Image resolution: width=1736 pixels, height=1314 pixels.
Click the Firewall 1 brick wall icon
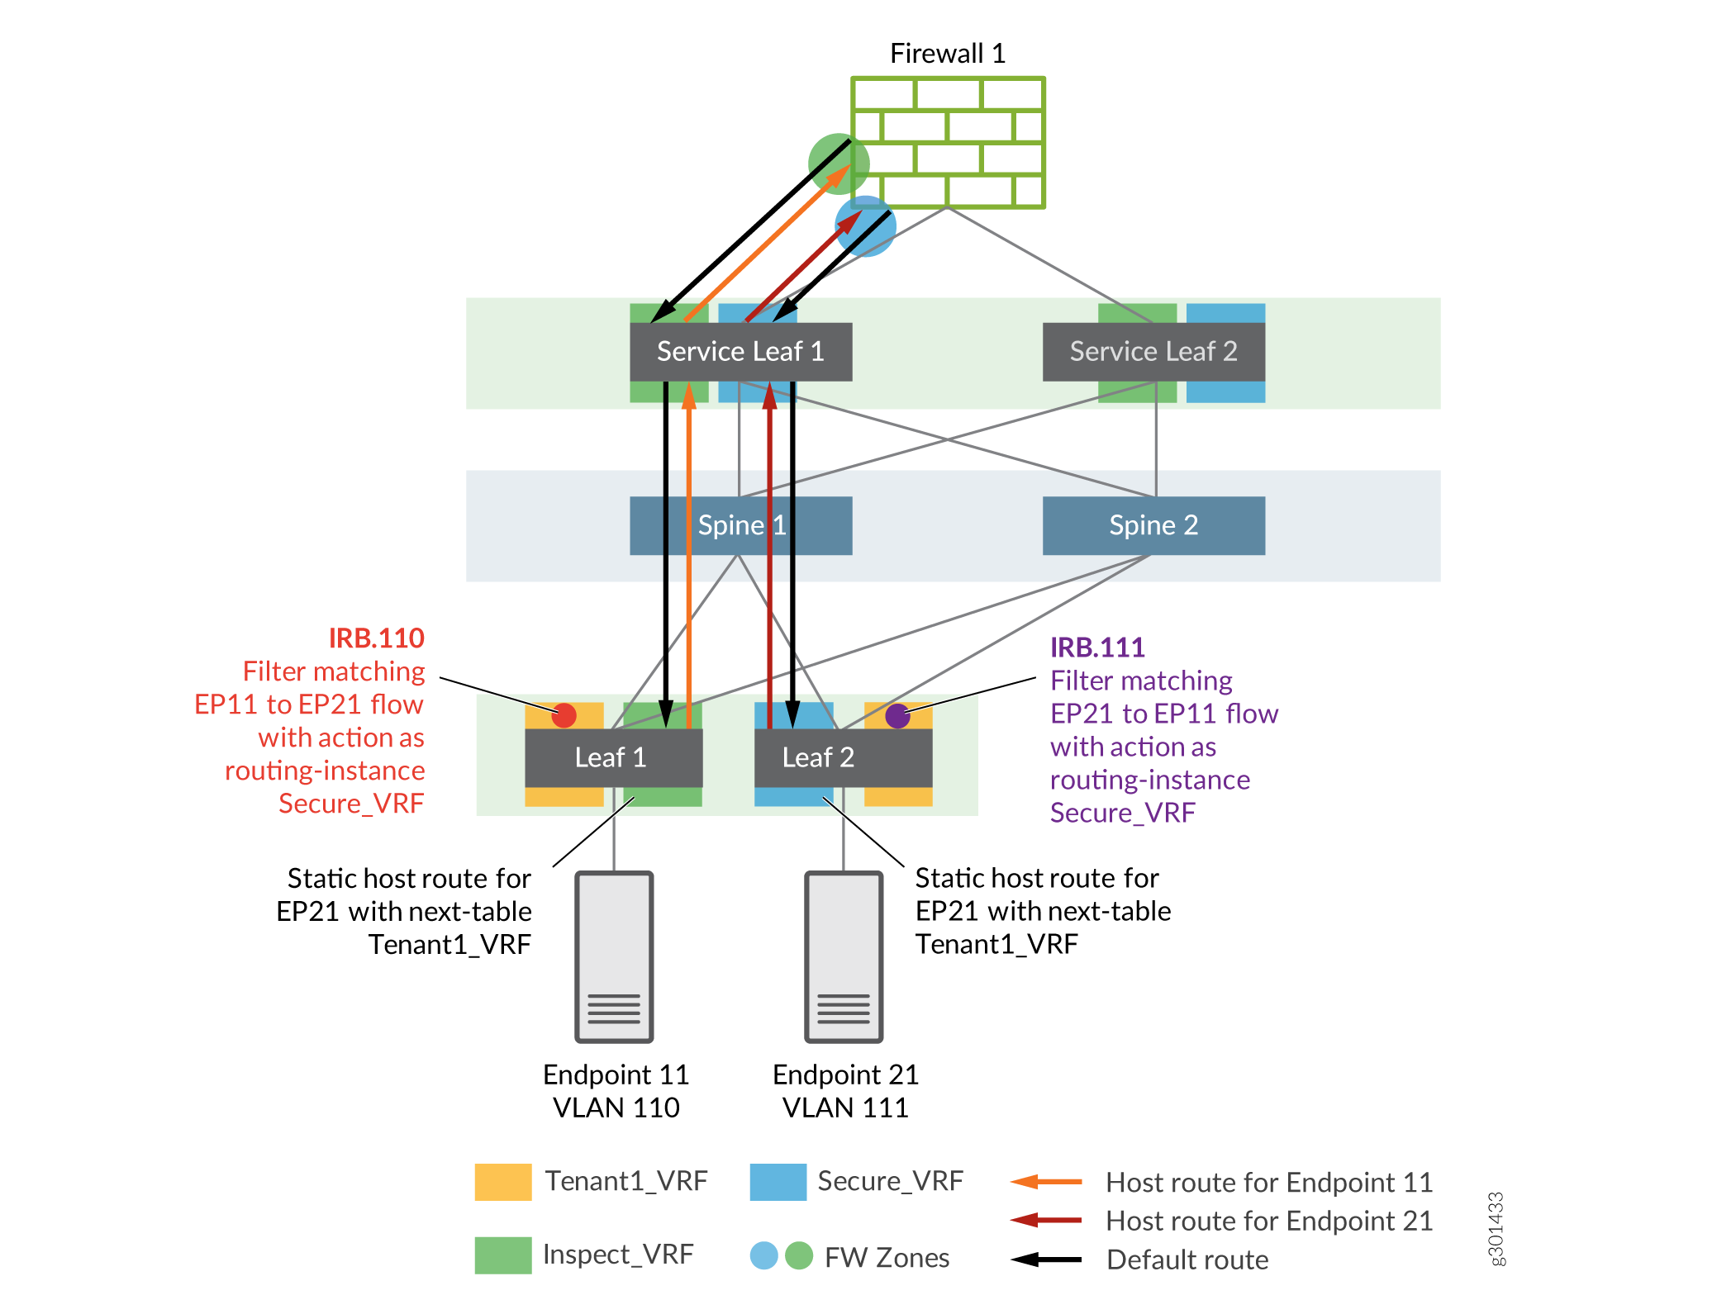948,142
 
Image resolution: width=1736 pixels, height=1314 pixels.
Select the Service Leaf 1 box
740,352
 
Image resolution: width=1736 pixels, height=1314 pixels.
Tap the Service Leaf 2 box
1153,352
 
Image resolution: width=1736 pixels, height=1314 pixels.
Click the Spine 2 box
1153,525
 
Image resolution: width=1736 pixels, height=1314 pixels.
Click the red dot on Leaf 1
564,715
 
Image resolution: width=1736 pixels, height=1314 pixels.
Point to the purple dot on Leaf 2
897,716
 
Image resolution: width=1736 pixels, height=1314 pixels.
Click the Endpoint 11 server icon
614,956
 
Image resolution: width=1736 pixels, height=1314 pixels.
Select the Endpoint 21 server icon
844,956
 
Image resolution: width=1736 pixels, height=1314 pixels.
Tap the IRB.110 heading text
376,638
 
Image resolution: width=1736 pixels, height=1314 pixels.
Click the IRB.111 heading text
1097,648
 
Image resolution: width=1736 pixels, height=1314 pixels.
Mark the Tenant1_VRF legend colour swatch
502,1182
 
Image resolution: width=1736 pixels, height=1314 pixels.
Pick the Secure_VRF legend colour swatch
778,1182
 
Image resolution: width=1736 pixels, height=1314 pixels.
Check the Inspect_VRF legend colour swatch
502,1255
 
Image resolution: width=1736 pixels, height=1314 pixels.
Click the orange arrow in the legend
1046,1182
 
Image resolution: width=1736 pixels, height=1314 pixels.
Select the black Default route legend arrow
1046,1259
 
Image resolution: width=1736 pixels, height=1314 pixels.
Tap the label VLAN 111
844,1108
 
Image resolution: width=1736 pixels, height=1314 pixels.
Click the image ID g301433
1496,1228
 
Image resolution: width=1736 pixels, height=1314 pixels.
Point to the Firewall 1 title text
947,54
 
